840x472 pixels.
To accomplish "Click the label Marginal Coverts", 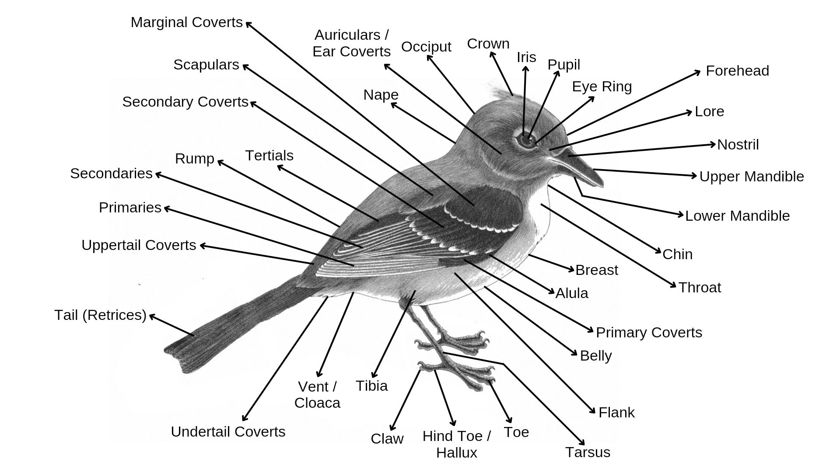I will click(x=186, y=22).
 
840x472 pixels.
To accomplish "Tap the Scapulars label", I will click(x=206, y=65).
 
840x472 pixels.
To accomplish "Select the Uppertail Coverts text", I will click(x=139, y=245).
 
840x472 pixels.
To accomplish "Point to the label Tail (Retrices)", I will click(x=100, y=315).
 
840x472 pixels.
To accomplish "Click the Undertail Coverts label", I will click(x=228, y=432).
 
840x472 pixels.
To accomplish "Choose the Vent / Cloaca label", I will click(x=317, y=395).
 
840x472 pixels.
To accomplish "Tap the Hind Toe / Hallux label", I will click(x=456, y=444).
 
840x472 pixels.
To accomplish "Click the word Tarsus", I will click(x=588, y=452).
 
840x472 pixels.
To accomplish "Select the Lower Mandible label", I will click(x=737, y=216).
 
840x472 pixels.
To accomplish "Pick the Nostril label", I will click(x=738, y=145).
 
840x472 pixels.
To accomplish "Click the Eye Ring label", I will click(x=602, y=87).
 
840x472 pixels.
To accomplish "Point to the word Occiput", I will click(x=426, y=47).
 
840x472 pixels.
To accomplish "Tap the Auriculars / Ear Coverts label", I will click(x=352, y=43).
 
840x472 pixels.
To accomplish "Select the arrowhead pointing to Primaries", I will click(x=166, y=208).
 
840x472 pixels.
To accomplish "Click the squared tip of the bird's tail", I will click(x=173, y=356).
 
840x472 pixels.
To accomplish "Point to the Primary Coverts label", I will click(x=649, y=333).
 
